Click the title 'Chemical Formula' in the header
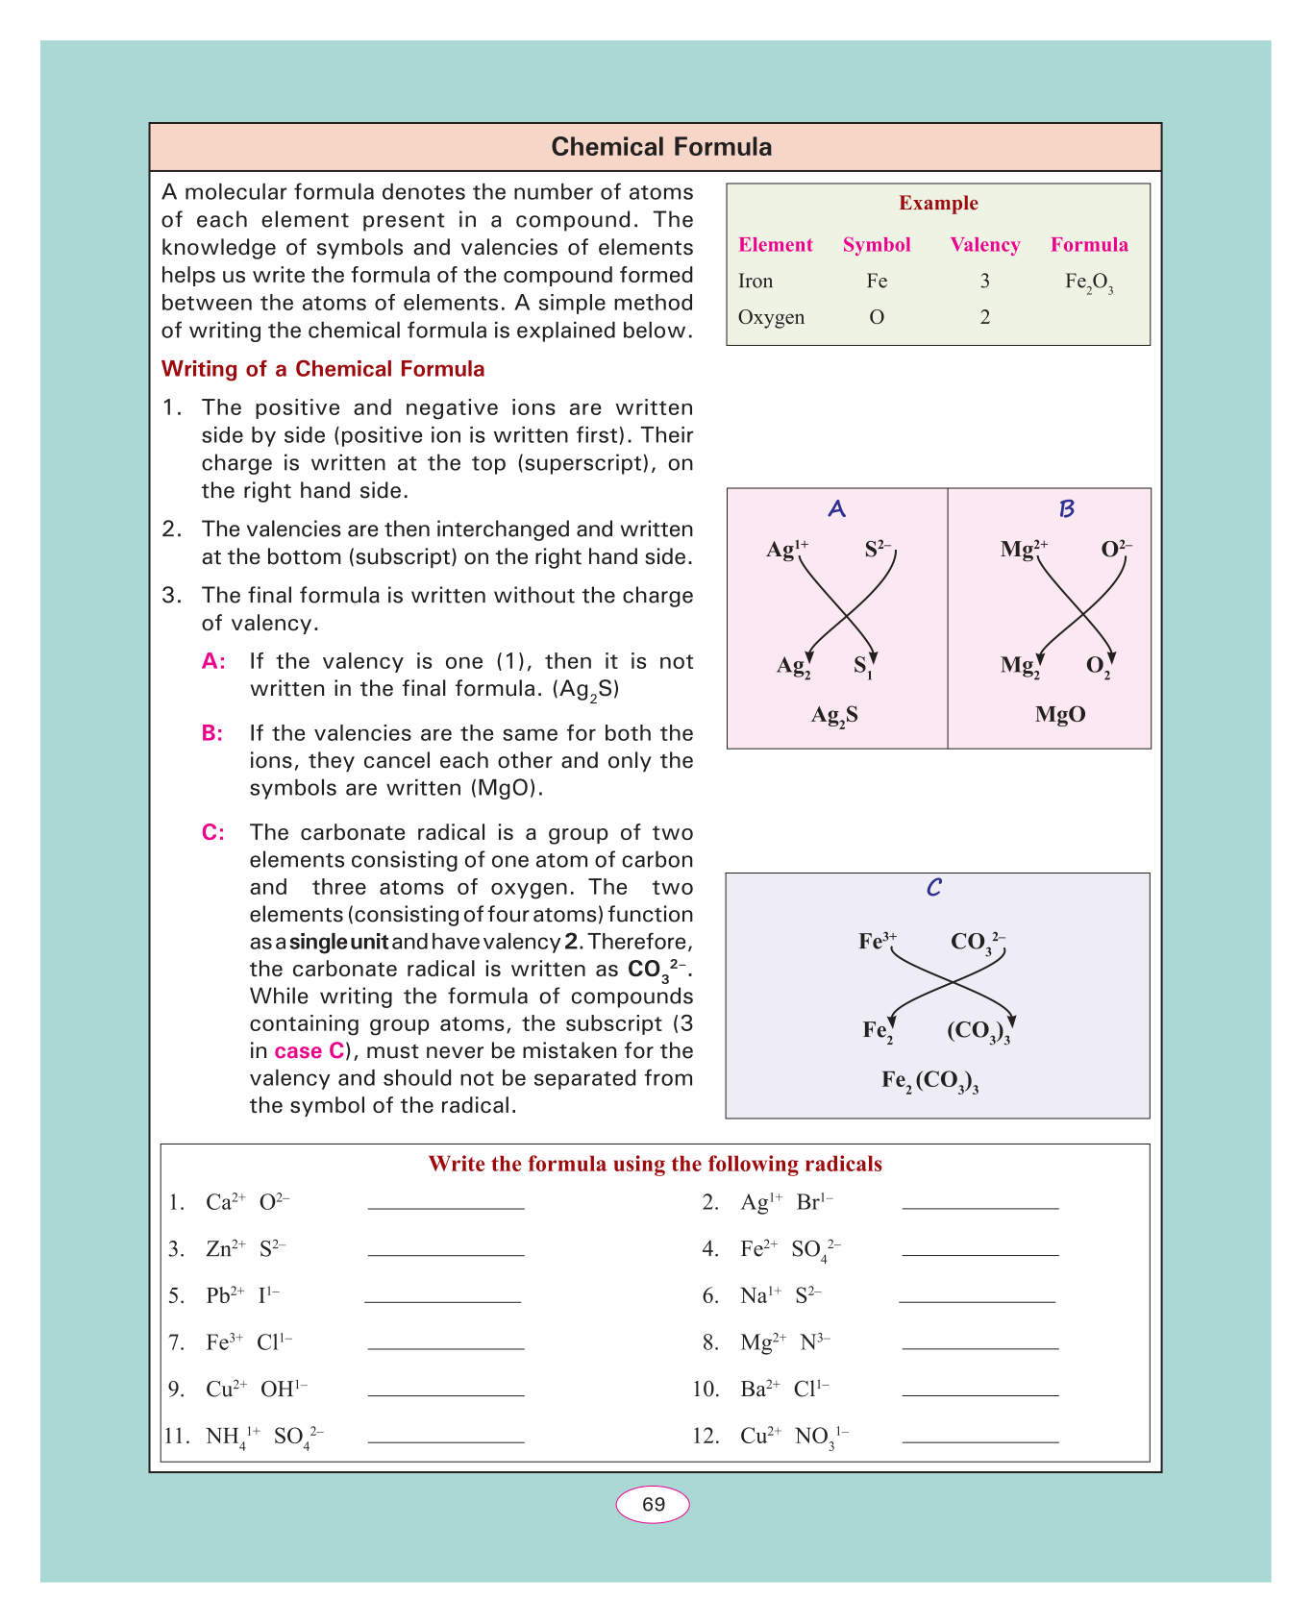(661, 147)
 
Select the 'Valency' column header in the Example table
(984, 245)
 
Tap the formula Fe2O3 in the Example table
(1089, 283)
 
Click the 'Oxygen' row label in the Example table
(771, 317)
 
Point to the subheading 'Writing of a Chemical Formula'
(323, 370)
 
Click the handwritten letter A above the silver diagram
(836, 508)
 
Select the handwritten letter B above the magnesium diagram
(1066, 508)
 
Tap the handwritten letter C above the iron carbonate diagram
(933, 888)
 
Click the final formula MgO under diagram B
(1060, 714)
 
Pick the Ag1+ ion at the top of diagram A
(786, 549)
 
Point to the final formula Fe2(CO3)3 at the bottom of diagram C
(929, 1081)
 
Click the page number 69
(653, 1505)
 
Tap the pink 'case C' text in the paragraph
(309, 1051)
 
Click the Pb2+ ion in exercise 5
(225, 1295)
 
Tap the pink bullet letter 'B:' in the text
(212, 734)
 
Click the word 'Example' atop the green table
(938, 203)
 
